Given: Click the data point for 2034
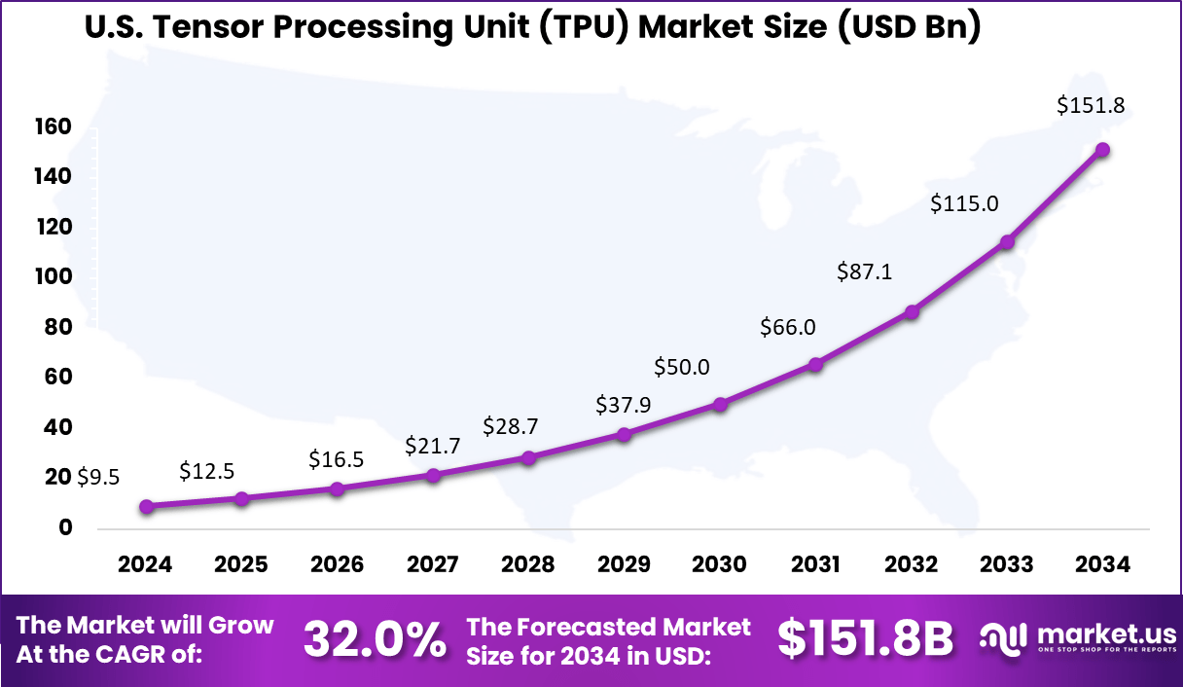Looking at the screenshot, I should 1102,150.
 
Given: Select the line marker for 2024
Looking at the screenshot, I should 146,506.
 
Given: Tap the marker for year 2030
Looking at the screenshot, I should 720,404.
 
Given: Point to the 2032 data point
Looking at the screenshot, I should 912,312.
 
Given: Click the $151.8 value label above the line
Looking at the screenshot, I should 1091,106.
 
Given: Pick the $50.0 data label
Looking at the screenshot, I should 681,367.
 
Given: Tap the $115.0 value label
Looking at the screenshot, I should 963,203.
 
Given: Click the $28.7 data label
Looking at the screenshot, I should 511,426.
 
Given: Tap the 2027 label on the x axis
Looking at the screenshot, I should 433,564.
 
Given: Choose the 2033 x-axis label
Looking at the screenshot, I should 1007,564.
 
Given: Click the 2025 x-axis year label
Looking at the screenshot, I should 241,564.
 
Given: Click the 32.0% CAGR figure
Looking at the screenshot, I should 376,639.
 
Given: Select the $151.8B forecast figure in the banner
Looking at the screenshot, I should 865,639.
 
